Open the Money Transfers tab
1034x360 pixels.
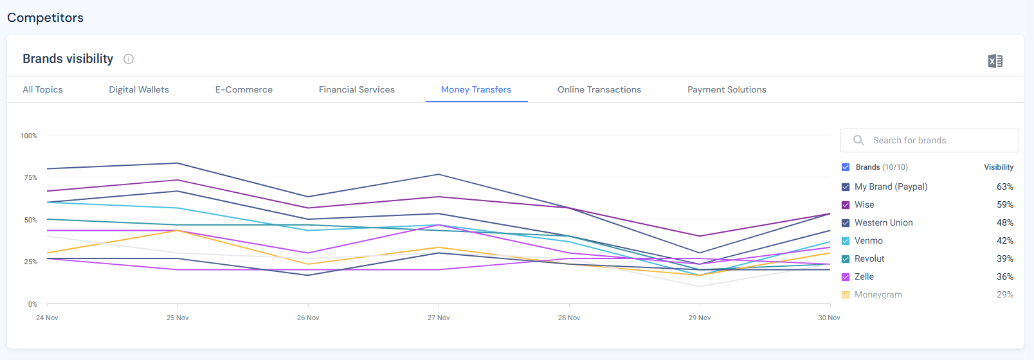coord(476,90)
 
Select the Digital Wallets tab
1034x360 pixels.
coord(139,90)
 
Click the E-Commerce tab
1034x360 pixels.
coord(244,90)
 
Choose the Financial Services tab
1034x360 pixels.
coord(357,90)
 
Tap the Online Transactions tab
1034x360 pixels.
coord(599,90)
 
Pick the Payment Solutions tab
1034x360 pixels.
coord(727,90)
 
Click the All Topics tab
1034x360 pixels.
coord(42,90)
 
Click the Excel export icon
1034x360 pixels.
coord(995,61)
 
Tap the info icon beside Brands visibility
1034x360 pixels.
coord(129,59)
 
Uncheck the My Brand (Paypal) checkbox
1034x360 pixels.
coord(846,187)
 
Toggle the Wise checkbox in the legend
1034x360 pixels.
coord(846,205)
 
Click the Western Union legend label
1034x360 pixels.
coord(884,223)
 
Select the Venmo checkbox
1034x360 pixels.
coord(846,241)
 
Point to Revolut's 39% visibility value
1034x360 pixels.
coord(1005,259)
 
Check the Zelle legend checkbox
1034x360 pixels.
coord(846,277)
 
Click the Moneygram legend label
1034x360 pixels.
coord(878,295)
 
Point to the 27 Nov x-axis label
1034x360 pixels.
coord(439,318)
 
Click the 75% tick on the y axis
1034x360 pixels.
coord(31,177)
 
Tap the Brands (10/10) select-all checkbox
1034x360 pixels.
coord(846,167)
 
